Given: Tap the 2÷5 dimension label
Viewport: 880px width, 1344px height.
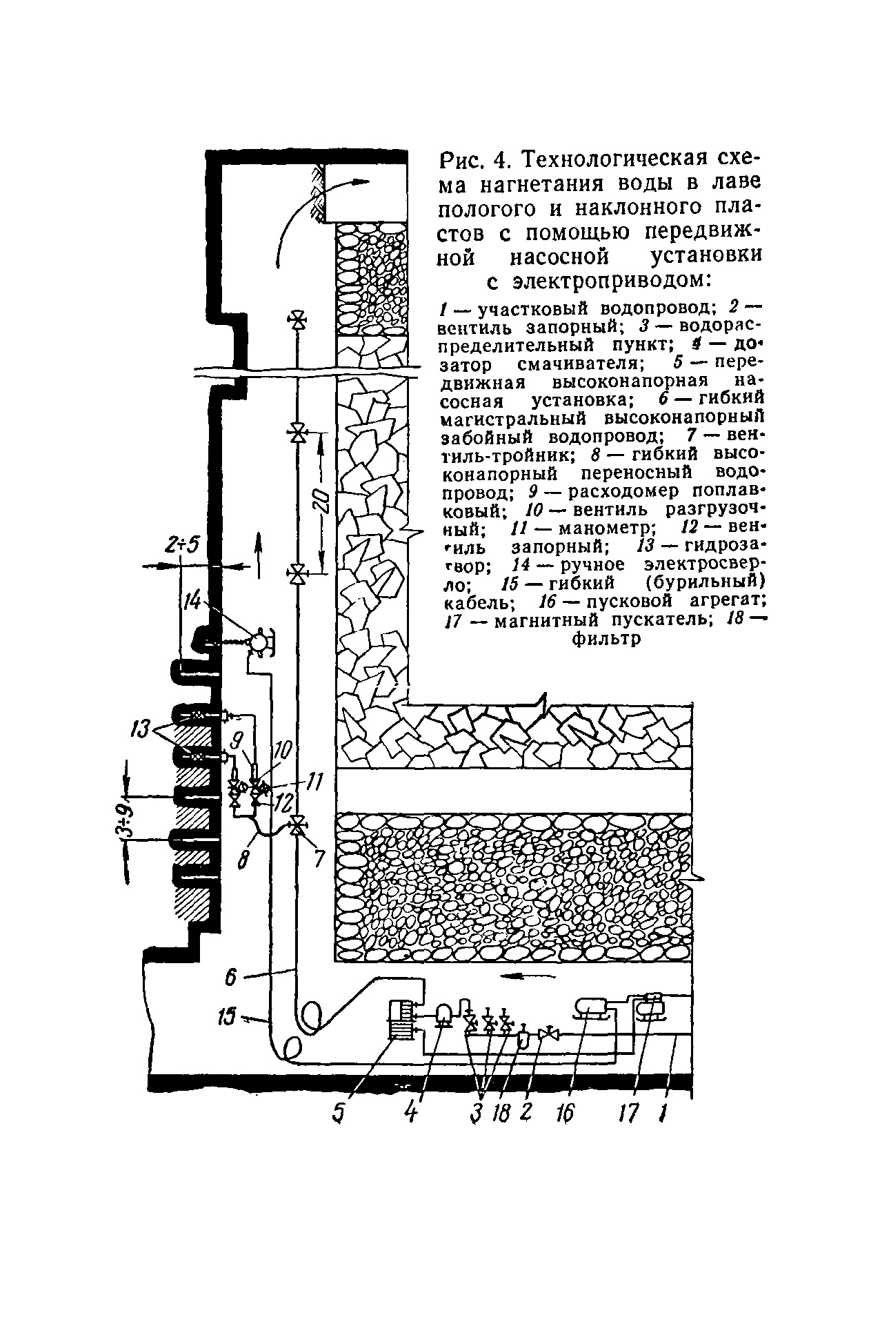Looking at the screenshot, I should (181, 546).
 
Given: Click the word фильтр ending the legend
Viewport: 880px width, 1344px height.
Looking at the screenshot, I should (607, 639).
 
